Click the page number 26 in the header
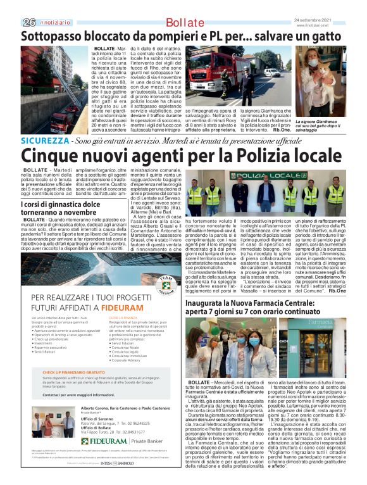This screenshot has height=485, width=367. click(x=28, y=22)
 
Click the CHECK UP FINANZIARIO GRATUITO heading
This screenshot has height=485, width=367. click(x=75, y=372)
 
